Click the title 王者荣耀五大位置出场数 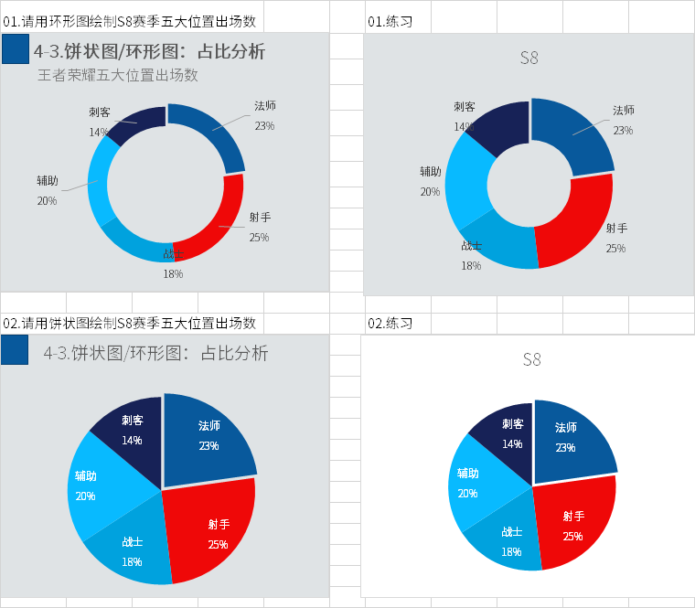tap(118, 76)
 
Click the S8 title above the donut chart tap(529, 59)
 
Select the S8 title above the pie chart tap(531, 359)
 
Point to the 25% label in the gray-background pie tap(218, 545)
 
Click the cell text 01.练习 tap(389, 20)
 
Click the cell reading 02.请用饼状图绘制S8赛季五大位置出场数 tap(130, 324)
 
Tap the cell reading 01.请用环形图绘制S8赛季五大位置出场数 tap(130, 20)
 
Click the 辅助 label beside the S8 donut tap(431, 172)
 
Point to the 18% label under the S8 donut tap(471, 266)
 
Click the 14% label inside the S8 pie tap(512, 444)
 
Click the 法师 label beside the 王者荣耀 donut tap(265, 106)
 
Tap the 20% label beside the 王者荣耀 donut tap(47, 200)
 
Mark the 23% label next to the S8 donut tap(623, 131)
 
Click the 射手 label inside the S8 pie tap(573, 517)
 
